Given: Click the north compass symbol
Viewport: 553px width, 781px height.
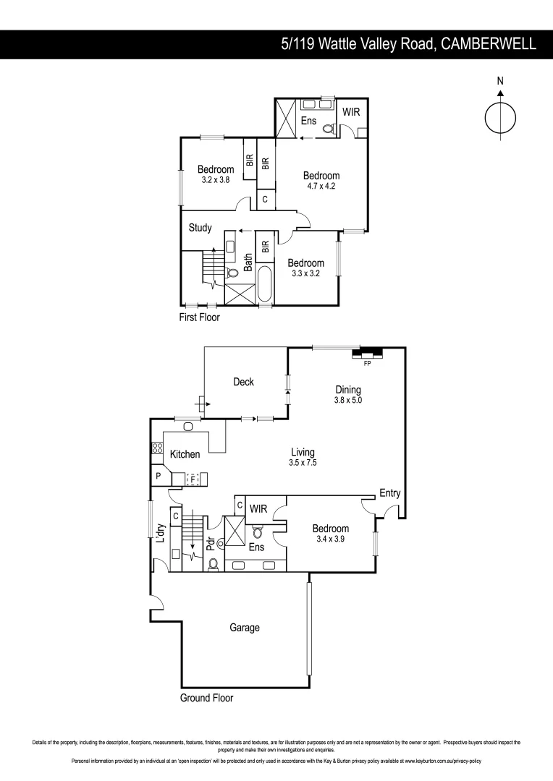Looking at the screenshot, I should tap(499, 117).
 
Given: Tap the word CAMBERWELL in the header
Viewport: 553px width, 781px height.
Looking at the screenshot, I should tap(489, 44).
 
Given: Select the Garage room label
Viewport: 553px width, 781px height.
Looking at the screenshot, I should tap(245, 628).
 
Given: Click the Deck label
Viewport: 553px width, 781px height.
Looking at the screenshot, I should tap(243, 382).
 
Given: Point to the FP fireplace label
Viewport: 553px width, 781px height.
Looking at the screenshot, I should tap(367, 363).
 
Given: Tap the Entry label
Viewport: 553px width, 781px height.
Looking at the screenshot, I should tap(390, 493).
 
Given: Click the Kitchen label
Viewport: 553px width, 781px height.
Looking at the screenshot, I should tap(185, 454).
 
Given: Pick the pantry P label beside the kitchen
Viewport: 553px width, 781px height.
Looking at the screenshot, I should tap(158, 477).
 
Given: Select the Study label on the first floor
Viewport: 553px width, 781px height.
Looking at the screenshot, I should tap(200, 228).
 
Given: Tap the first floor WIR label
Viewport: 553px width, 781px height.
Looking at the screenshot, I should tap(351, 113).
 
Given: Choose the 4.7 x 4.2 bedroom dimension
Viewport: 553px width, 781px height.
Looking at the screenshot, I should tap(321, 186).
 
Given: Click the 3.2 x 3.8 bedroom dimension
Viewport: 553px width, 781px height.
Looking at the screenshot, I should tap(215, 180).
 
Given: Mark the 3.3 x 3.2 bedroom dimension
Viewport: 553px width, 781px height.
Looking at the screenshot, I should tap(305, 273).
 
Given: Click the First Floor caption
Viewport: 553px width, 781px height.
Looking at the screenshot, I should tap(199, 317).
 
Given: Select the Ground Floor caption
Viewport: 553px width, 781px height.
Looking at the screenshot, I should tap(206, 698).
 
